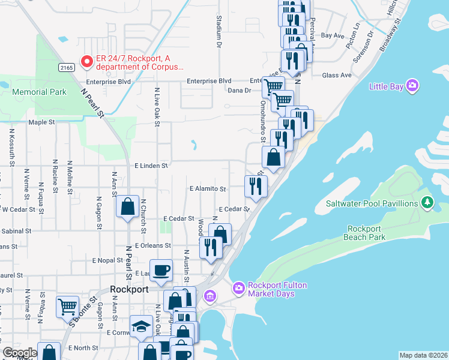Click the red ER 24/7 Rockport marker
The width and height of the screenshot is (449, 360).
[87, 62]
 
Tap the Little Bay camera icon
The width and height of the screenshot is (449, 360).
[412, 86]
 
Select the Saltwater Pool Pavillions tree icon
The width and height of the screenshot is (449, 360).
[427, 203]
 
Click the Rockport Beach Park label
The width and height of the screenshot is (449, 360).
[364, 233]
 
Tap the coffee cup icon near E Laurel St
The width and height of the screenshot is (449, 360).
[161, 269]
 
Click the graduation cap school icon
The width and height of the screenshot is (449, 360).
[141, 326]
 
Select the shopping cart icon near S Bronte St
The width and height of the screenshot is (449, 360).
[67, 306]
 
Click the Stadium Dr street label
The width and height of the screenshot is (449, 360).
[219, 32]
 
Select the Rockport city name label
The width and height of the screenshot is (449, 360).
[130, 289]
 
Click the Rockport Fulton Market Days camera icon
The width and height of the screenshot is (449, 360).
[238, 289]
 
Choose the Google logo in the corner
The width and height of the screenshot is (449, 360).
[20, 352]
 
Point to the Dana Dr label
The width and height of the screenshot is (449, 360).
[239, 91]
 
